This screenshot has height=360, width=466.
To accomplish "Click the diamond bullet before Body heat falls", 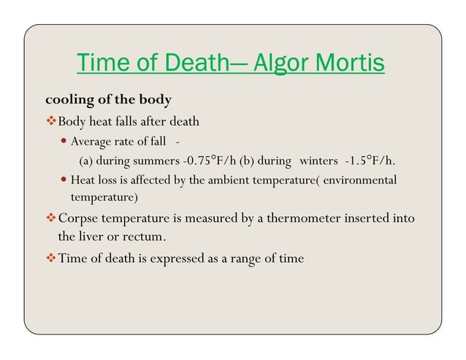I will click(51, 120).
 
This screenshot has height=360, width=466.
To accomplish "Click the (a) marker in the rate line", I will click(86, 161).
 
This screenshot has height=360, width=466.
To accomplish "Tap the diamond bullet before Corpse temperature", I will click(51, 218).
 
